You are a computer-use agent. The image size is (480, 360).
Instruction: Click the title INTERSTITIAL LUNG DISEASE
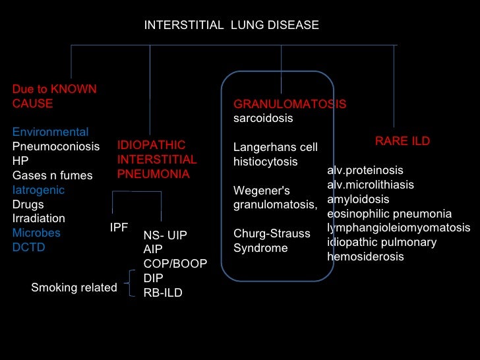[x=231, y=25]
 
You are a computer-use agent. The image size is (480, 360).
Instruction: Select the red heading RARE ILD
[x=402, y=141]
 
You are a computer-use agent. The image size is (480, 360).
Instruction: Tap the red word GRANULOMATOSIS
[x=289, y=104]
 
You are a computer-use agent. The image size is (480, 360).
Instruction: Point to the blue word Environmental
[x=50, y=132]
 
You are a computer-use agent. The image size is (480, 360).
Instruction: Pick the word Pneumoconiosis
[x=56, y=146]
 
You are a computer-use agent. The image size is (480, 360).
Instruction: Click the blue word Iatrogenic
[x=38, y=190]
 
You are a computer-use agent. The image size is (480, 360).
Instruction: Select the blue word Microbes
[x=36, y=233]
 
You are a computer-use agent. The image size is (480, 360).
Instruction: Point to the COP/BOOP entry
[x=175, y=264]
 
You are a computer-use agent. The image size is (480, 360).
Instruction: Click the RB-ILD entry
[x=163, y=293]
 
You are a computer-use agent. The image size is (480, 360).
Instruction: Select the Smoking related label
[x=74, y=287]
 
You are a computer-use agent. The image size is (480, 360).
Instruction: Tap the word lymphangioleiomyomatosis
[x=398, y=228]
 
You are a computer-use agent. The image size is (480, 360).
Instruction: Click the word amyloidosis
[x=358, y=199]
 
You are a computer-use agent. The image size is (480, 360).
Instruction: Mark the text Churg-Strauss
[x=272, y=234]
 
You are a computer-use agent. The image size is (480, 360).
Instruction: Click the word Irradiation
[x=39, y=218]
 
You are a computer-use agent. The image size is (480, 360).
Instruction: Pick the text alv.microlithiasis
[x=370, y=185]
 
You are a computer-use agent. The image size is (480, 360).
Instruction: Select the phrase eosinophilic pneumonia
[x=389, y=214]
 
